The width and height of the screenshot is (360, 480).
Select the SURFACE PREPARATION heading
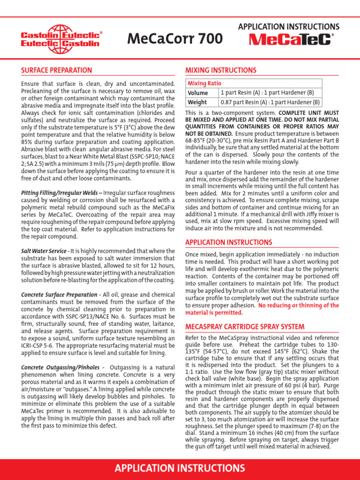pyautogui.click(x=57, y=70)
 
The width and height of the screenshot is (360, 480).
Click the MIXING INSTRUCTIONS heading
pyautogui.click(x=221, y=70)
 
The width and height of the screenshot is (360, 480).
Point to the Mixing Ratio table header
pyautogui.click(x=205, y=83)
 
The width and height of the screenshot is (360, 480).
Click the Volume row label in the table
pyautogui.click(x=198, y=93)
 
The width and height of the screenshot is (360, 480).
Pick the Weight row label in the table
pyautogui.click(x=197, y=102)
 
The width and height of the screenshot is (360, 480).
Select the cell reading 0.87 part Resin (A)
pyautogui.click(x=270, y=102)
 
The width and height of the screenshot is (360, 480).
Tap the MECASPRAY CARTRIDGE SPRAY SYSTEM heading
pyautogui.click(x=245, y=326)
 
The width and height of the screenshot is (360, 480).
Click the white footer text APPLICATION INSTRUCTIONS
pyautogui.click(x=180, y=468)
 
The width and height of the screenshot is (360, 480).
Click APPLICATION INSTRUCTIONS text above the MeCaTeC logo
pyautogui.click(x=289, y=27)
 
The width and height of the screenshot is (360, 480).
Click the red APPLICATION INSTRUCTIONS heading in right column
pyautogui.click(x=229, y=242)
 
